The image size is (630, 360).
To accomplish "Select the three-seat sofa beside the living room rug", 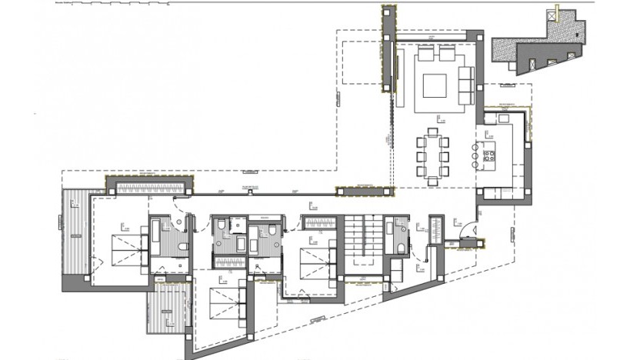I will [465, 80].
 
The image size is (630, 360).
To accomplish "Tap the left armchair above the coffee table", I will [426, 55].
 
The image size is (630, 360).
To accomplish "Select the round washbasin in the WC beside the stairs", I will [401, 227].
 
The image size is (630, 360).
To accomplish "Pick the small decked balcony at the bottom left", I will [167, 311].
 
